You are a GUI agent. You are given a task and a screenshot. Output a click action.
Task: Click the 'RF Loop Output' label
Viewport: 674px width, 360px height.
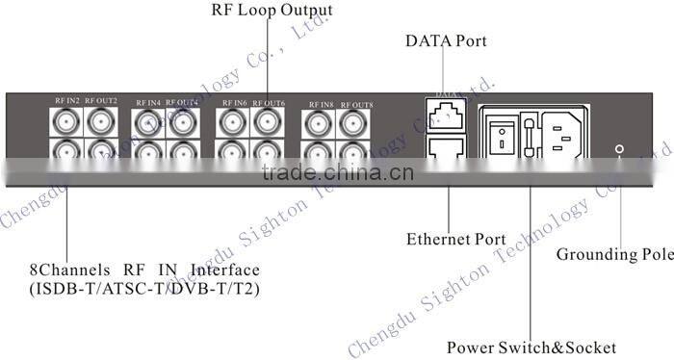coord(272,11)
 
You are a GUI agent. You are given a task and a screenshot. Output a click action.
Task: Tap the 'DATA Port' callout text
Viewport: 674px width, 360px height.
coord(446,41)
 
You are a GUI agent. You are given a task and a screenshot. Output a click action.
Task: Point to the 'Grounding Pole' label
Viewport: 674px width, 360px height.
coord(611,255)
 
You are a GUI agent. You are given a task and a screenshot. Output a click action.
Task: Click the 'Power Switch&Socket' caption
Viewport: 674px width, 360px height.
coord(531,347)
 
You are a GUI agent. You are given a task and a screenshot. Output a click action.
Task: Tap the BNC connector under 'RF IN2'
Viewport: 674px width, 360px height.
coord(66,121)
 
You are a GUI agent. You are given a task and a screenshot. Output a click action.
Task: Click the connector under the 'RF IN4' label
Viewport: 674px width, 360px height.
coord(147,122)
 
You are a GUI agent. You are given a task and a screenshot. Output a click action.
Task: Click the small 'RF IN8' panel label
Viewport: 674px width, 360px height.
coord(322,103)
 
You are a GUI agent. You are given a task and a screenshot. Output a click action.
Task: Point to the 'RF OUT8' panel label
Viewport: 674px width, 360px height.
coord(356,103)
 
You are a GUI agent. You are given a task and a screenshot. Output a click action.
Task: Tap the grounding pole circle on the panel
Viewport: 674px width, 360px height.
coord(619,149)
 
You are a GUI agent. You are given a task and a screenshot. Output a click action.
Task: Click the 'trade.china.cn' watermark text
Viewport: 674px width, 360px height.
coord(337,173)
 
